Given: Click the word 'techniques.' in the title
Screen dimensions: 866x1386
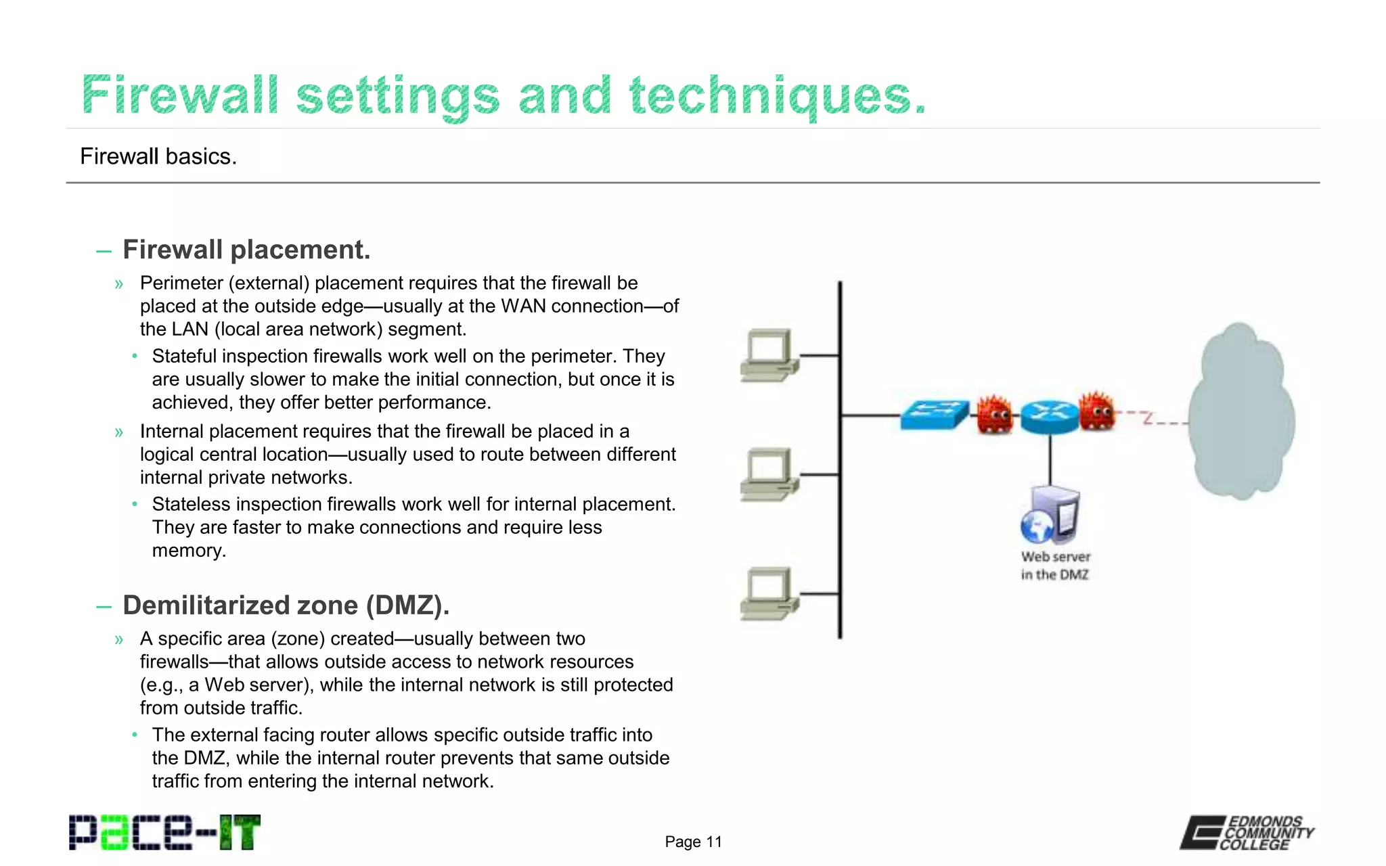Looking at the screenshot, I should (777, 96).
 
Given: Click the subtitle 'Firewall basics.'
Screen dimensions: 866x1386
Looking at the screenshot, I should (158, 156).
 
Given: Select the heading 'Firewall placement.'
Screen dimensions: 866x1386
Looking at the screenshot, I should (246, 250).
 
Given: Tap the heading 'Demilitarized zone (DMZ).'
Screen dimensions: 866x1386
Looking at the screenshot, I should (286, 605).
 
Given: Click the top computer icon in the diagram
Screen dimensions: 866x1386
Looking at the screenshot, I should (769, 355).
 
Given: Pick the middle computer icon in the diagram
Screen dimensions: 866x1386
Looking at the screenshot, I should (769, 474).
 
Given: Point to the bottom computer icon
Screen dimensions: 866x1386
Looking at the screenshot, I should (769, 593).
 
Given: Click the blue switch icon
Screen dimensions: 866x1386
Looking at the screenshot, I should (934, 414).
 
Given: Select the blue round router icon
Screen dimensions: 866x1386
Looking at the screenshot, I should (1049, 415).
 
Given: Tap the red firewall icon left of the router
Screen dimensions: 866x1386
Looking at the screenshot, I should (994, 414).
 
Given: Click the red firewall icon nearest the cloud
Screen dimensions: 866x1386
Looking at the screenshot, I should (1096, 411).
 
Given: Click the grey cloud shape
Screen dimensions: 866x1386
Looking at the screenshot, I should (1240, 413).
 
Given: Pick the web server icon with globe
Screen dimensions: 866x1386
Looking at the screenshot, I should (1050, 516).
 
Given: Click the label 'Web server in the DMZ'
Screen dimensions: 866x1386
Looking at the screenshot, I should (1055, 566).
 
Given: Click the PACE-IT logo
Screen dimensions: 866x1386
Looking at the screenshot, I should (164, 832).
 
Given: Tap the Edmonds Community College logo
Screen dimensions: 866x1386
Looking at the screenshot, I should (1247, 832).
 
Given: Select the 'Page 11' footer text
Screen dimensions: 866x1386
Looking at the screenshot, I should (693, 842).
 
